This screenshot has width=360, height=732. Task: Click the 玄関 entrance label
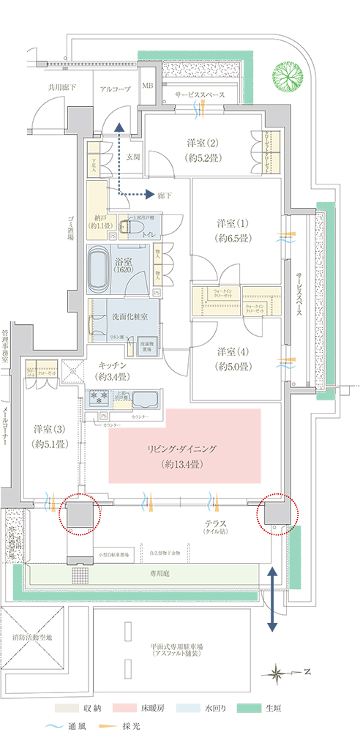tap(132, 156)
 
